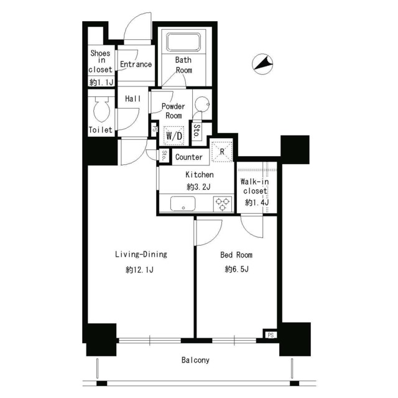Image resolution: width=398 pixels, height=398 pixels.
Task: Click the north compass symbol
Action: pos(262,64)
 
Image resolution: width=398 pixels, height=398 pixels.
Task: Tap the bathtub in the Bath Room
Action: pos(183,42)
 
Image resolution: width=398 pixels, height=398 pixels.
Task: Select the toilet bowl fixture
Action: pos(101,109)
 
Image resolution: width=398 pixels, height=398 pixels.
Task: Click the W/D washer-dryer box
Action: pos(174,136)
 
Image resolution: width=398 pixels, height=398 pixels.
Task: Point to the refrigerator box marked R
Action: pos(222,151)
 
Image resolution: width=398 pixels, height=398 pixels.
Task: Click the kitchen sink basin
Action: pos(183,203)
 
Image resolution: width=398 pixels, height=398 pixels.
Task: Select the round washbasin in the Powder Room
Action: pos(202,104)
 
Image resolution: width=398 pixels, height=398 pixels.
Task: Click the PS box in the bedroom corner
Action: pos(271,335)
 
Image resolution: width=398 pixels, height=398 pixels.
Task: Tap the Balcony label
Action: pos(195,360)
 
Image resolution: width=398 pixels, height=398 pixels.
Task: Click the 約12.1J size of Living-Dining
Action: pos(139,269)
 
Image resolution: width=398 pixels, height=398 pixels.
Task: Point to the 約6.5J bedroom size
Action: pos(236,269)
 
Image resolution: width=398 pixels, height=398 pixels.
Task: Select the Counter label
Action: pos(189,157)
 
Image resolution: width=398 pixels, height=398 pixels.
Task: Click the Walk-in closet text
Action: pos(254,186)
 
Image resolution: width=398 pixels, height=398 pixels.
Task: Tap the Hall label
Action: pos(132,98)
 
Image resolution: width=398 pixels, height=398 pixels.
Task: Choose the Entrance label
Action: pos(136,64)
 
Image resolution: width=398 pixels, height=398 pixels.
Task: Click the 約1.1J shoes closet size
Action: pos(101,82)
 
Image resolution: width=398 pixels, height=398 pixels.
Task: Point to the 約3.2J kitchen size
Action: pos(198,187)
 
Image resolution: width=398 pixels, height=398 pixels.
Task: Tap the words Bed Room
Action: pos(236,254)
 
